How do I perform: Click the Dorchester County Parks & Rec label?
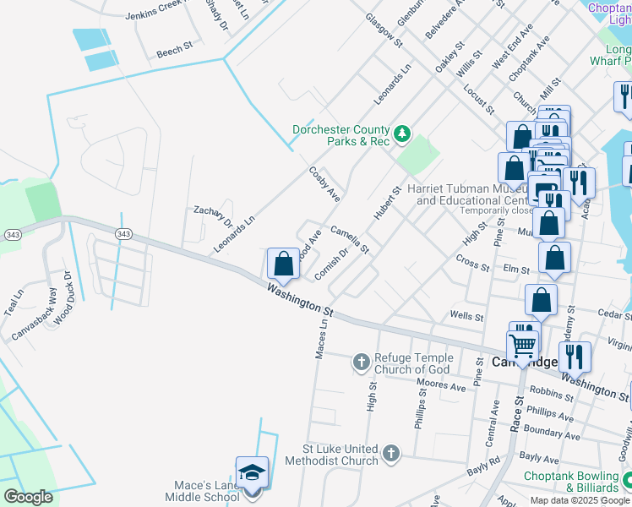point(341,135)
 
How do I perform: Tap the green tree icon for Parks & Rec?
point(403,132)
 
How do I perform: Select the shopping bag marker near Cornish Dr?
point(284,264)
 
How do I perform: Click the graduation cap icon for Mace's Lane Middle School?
point(252,474)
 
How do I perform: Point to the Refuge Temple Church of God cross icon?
point(361,363)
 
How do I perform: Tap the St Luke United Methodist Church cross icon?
point(390,454)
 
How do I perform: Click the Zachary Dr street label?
point(213,216)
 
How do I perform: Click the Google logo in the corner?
point(28,496)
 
